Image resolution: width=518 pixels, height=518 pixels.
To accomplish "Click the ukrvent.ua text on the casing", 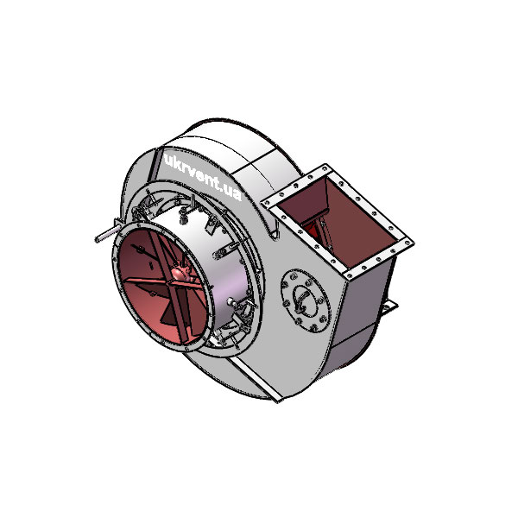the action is pos(202,177).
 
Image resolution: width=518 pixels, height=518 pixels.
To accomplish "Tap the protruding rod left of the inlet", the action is pos(107,233).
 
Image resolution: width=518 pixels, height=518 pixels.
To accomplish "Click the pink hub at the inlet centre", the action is pos(180,273).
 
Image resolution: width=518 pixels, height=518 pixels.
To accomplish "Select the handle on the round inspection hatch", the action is pos(301,300).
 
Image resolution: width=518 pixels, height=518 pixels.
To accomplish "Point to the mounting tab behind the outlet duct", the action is pos(389,306).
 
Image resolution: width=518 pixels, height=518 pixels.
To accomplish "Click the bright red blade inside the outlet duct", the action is pos(312,229).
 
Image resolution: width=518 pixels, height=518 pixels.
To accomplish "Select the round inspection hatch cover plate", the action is pos(306,301).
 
